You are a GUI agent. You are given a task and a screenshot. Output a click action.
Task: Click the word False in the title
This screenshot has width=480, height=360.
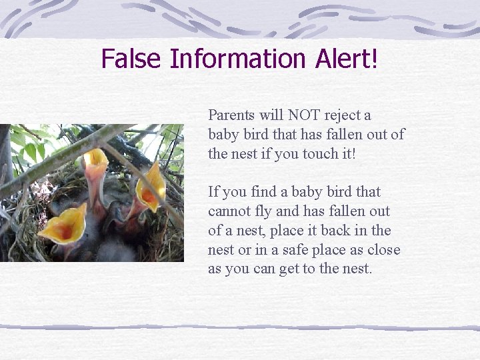tap(131, 59)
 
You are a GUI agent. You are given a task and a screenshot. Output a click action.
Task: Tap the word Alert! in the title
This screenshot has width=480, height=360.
tap(347, 59)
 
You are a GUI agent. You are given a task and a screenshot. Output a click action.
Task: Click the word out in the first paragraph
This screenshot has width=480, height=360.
tap(377, 135)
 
